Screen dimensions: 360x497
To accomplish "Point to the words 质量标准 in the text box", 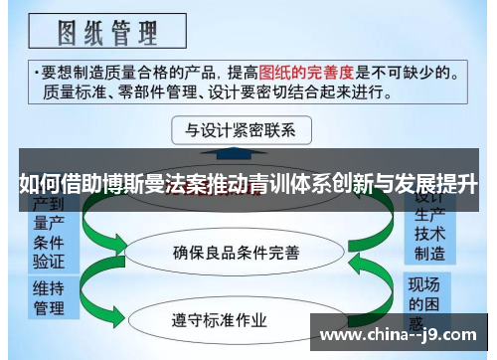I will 68,91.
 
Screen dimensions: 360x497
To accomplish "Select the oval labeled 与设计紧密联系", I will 242,130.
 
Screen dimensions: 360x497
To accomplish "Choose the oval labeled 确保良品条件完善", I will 236,253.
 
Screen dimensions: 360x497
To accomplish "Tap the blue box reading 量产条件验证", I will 49,239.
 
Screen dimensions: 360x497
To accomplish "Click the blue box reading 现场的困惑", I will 430,298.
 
